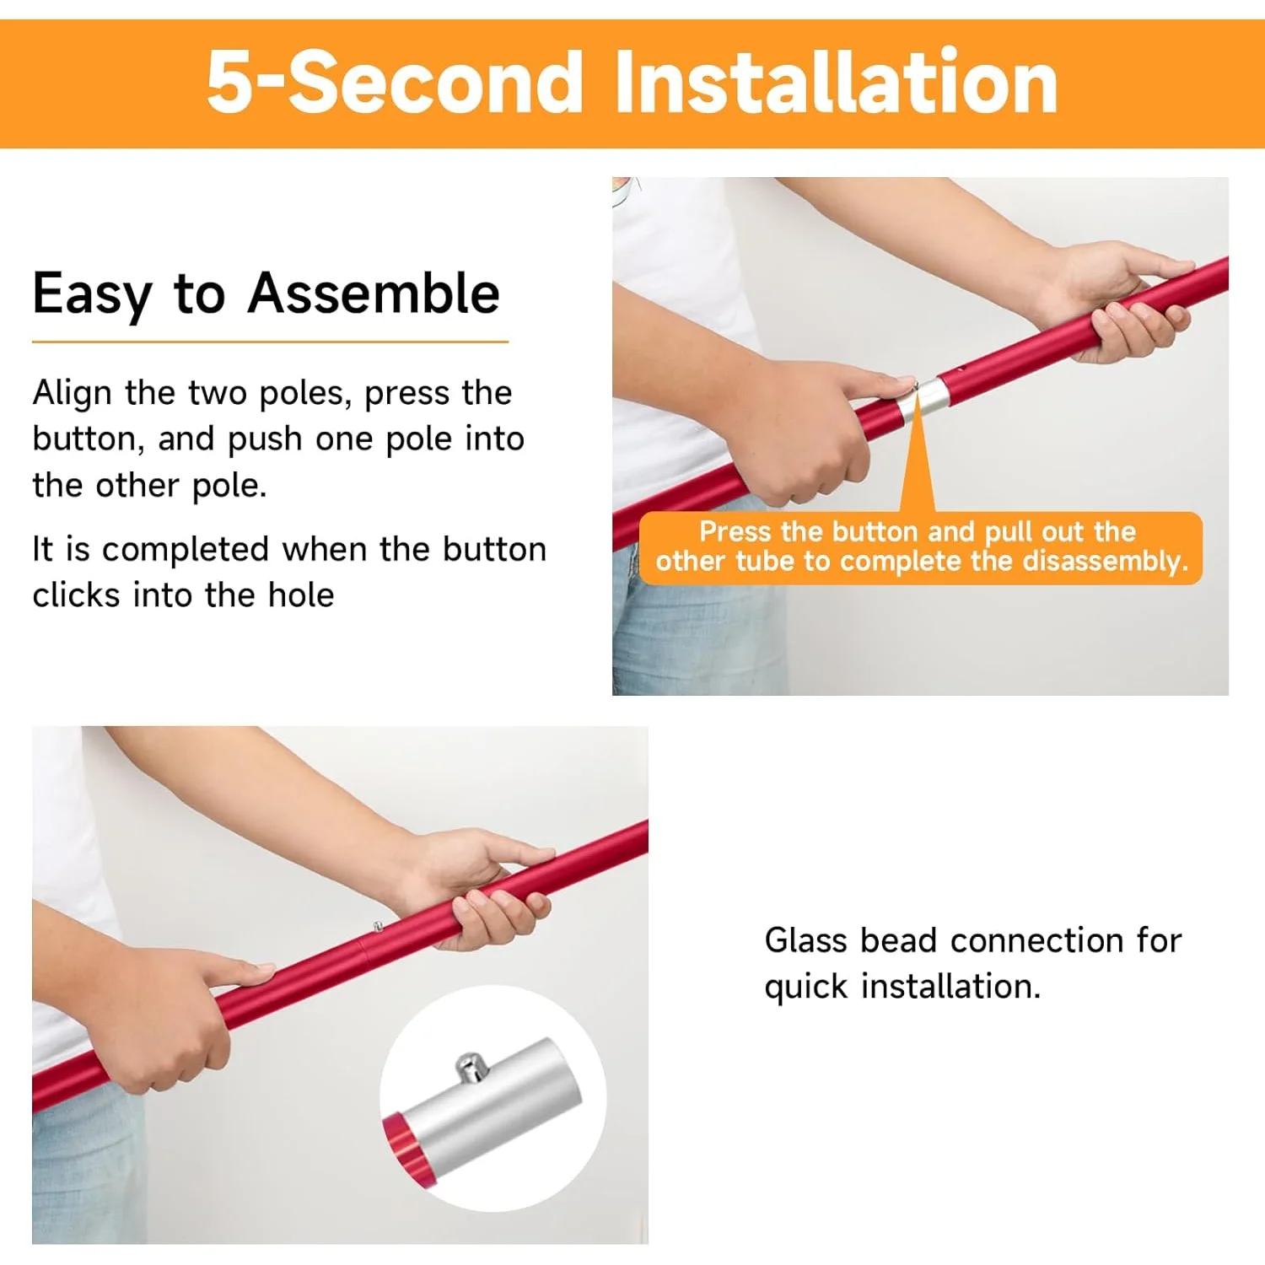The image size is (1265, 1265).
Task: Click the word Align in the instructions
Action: point(73,394)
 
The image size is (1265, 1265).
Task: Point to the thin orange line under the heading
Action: point(270,342)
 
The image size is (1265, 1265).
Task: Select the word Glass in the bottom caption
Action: point(805,939)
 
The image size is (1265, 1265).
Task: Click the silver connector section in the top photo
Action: point(923,399)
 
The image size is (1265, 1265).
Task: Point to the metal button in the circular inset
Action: point(471,1067)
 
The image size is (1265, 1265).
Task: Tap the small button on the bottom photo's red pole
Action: point(379,927)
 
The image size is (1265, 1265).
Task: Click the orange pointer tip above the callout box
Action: point(916,392)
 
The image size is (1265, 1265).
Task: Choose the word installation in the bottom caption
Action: point(950,986)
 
